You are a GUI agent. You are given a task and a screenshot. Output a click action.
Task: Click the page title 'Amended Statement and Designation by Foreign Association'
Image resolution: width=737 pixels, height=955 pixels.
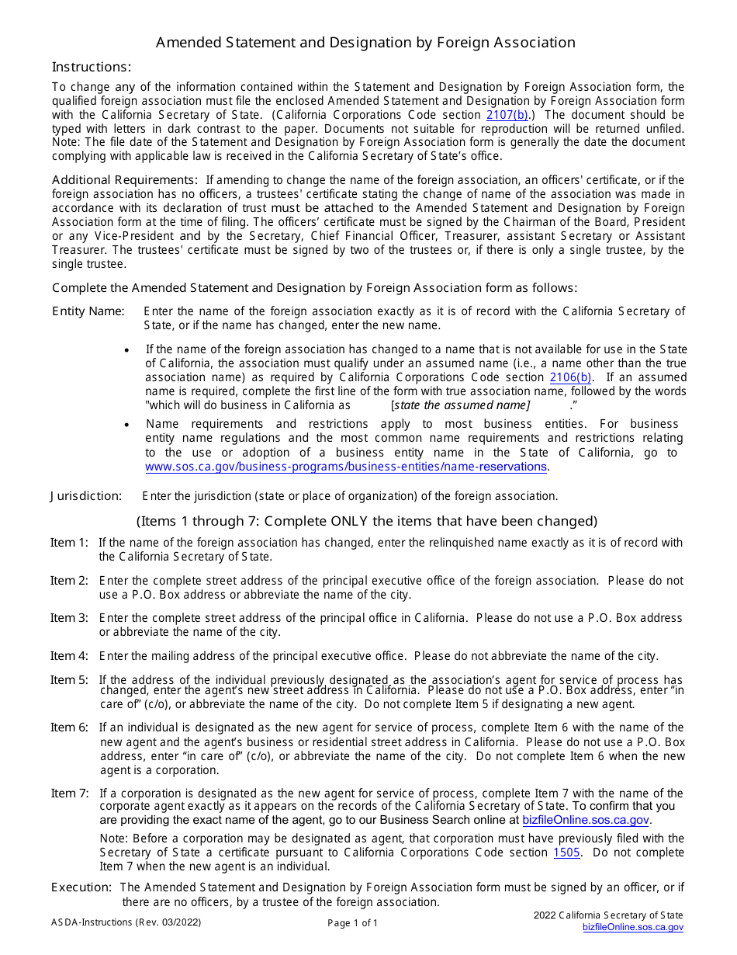[365, 43]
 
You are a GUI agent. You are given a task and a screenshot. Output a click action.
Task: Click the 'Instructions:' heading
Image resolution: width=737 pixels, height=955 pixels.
[92, 67]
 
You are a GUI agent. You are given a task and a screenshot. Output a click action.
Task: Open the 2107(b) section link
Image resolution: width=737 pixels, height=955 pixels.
[507, 115]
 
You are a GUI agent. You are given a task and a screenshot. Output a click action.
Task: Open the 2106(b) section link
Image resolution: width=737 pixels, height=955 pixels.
[571, 377]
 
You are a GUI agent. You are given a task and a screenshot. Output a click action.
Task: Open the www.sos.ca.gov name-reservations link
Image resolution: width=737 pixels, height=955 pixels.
[346, 467]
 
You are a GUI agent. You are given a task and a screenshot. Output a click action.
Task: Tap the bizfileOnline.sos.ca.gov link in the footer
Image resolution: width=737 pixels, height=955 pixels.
[633, 927]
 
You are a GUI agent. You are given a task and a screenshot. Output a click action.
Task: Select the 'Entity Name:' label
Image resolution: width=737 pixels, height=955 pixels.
[88, 311]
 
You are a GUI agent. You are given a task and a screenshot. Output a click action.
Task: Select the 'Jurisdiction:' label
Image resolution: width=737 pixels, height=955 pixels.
[86, 496]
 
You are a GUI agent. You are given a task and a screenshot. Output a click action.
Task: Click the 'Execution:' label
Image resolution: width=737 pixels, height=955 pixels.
[81, 887]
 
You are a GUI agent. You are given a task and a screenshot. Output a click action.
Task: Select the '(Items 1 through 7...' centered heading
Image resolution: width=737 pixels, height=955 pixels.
[367, 521]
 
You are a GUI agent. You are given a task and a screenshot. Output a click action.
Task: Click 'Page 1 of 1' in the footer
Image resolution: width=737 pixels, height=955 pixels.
[353, 923]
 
